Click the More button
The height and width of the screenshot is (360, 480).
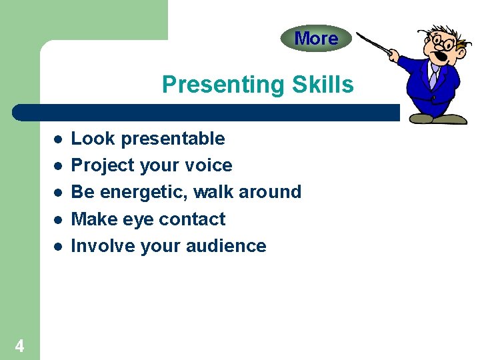coord(315,39)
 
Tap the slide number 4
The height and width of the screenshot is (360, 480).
coord(19,346)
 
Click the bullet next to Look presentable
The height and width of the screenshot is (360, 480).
coord(58,139)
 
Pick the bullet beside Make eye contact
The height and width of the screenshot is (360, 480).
coord(58,219)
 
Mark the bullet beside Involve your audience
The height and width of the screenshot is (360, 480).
coord(58,246)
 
